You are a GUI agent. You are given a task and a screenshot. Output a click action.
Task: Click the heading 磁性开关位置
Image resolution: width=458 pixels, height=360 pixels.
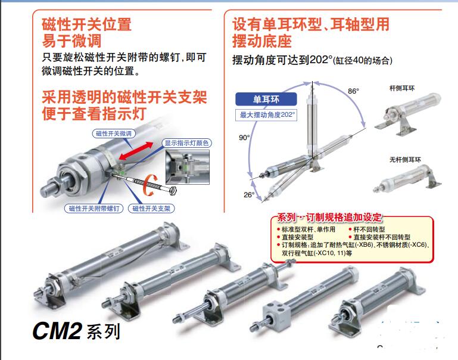(x=86, y=25)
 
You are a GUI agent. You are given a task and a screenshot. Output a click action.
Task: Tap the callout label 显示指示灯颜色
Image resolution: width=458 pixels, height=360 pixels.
(x=187, y=143)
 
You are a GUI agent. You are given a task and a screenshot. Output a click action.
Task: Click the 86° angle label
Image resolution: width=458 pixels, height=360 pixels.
(x=354, y=91)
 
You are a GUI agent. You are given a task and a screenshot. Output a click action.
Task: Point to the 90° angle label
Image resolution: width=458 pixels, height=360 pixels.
(x=244, y=138)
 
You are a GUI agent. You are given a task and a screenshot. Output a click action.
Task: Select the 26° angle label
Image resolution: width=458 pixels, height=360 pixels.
(x=248, y=194)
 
